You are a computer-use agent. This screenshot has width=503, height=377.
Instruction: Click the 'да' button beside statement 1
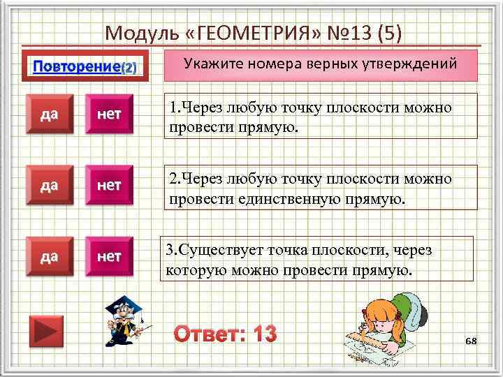49,114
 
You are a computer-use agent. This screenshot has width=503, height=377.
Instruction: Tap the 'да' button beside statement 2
49,185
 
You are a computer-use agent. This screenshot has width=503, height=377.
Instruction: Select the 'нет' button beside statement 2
109,185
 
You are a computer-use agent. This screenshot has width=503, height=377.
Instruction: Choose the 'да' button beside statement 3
49,256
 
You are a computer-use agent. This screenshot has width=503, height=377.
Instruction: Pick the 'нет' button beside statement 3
109,256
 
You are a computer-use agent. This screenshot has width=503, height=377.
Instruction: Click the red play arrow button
46,330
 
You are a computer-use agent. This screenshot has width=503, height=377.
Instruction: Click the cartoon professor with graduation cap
124,320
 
